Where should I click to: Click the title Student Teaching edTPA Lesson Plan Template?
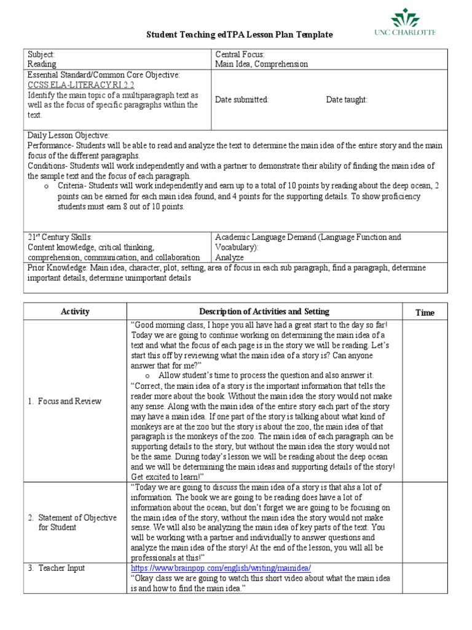pyautogui.click(x=239, y=35)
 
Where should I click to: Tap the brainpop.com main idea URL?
pyautogui.click(x=225, y=567)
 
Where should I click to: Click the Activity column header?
pyautogui.click(x=75, y=311)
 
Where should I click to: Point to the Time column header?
pyautogui.click(x=424, y=313)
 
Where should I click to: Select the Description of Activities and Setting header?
pyautogui.click(x=264, y=311)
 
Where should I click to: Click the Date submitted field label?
pyautogui.click(x=242, y=100)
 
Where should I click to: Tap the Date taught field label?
pyautogui.click(x=347, y=100)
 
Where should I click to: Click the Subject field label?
pyautogui.click(x=42, y=54)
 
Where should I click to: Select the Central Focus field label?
pyautogui.click(x=240, y=54)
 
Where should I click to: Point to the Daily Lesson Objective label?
pyautogui.click(x=69, y=135)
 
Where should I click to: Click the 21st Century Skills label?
pyautogui.click(x=60, y=237)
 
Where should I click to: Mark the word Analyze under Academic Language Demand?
pyautogui.click(x=229, y=258)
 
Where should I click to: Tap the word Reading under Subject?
pyautogui.click(x=42, y=64)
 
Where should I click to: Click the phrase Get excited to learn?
pyautogui.click(x=167, y=476)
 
